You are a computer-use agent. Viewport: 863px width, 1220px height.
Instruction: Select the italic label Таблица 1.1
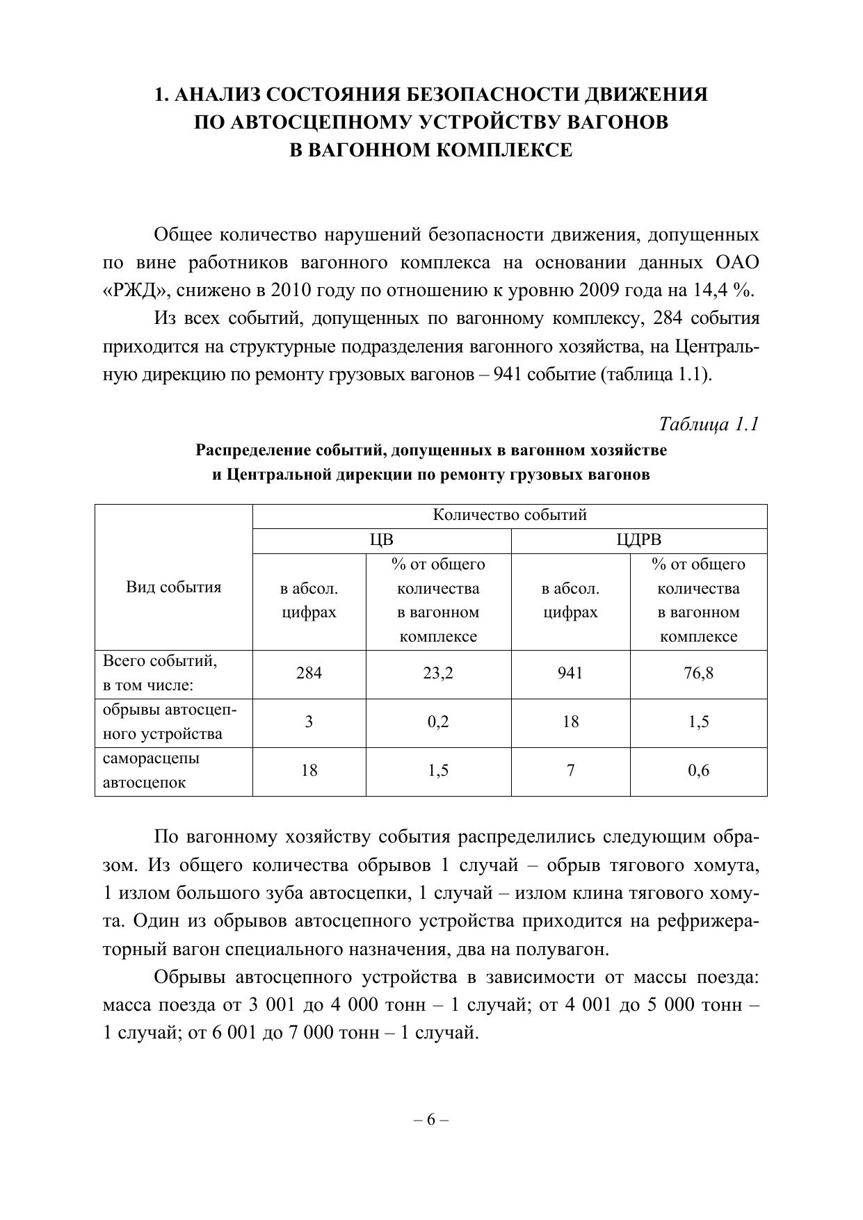[x=708, y=424]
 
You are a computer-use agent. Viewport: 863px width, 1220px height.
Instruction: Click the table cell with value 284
[x=309, y=673]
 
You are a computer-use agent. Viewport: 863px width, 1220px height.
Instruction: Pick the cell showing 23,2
[x=438, y=673]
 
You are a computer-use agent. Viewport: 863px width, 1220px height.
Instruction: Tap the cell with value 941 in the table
[x=570, y=673]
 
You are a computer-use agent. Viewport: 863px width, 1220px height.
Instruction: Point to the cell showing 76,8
[x=698, y=673]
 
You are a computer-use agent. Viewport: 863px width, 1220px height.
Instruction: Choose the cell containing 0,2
[x=438, y=722]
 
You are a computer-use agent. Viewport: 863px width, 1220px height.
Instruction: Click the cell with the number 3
[x=309, y=722]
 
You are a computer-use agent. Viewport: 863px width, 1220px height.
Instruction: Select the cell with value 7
[x=570, y=770]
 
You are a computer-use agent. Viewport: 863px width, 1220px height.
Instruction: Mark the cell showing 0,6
[x=698, y=770]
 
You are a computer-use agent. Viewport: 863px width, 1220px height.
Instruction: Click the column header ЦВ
[x=381, y=540]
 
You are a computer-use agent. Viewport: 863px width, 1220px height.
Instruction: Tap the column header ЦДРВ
[x=638, y=540]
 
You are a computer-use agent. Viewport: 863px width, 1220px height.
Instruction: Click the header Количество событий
[x=510, y=515]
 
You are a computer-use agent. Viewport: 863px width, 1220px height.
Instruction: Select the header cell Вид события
[x=174, y=587]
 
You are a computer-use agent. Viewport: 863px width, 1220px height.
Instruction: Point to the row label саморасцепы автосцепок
[x=152, y=770]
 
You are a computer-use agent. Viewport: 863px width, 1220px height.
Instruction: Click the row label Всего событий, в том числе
[x=160, y=673]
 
